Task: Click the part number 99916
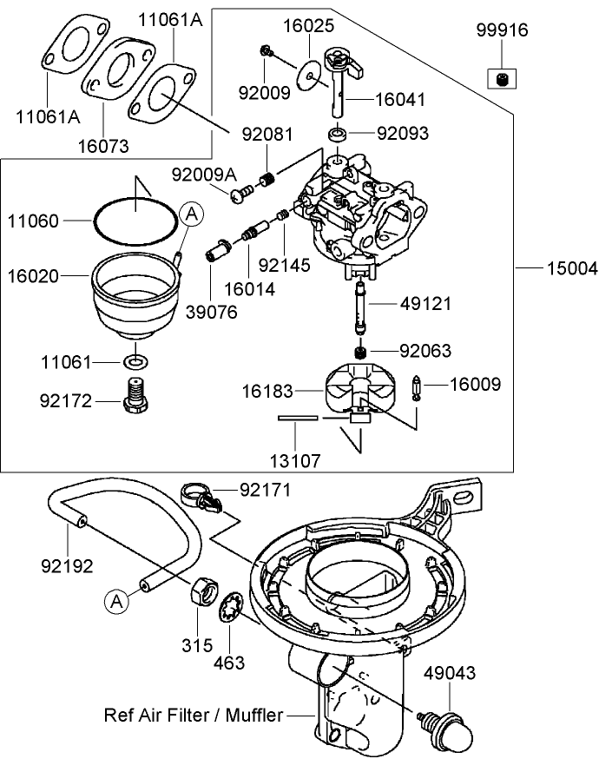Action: (x=502, y=30)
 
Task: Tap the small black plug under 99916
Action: (x=502, y=81)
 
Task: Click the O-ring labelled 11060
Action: (x=137, y=221)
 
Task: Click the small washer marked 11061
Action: (x=135, y=360)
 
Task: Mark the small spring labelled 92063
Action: (x=360, y=351)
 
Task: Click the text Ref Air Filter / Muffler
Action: (x=193, y=716)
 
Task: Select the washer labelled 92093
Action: (x=337, y=135)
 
